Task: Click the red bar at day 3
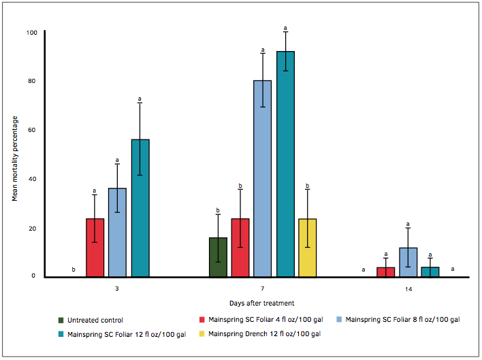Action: click(x=95, y=248)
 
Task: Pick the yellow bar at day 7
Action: click(x=308, y=248)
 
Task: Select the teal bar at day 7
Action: click(x=285, y=164)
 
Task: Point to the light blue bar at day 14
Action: click(x=408, y=262)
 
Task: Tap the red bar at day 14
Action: click(x=385, y=272)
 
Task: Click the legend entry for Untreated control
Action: click(x=95, y=320)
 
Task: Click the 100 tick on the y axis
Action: click(x=32, y=32)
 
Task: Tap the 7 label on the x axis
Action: click(x=263, y=289)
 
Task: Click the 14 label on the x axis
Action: click(x=408, y=289)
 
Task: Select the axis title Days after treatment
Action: click(x=262, y=303)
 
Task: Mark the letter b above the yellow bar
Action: click(x=308, y=186)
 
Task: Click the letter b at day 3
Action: click(x=74, y=270)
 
